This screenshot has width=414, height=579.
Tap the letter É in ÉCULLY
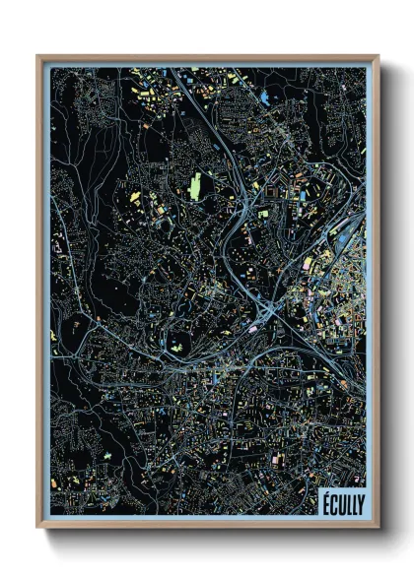coord(325,502)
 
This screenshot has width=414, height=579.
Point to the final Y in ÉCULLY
coord(359,502)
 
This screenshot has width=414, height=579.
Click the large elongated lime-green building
coord(195,184)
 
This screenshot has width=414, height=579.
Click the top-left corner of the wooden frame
coord(38,57)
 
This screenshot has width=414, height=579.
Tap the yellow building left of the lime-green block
coord(135,197)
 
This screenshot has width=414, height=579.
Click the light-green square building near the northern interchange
coord(263,211)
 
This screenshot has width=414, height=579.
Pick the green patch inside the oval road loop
coord(178,349)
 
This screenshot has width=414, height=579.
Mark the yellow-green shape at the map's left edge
coord(53,335)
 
